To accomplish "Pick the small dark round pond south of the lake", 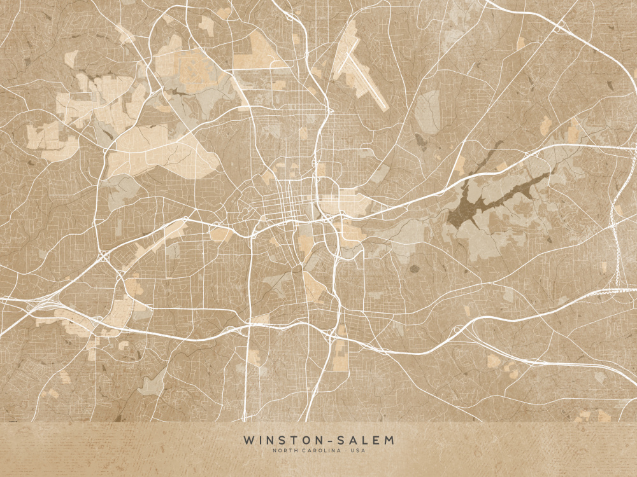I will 415,268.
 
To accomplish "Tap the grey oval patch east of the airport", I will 427,112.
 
